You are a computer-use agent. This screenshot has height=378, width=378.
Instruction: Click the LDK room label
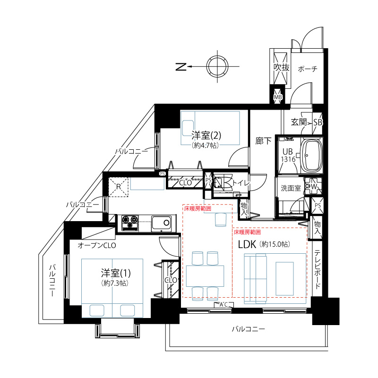247,244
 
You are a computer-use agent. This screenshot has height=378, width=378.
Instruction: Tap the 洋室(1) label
116,273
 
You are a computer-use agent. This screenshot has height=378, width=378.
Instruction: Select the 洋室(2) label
206,135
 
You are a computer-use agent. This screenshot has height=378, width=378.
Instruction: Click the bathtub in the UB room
311,155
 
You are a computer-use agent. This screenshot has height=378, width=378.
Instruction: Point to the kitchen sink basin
161,223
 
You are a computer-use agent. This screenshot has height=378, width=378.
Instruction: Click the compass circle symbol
217,66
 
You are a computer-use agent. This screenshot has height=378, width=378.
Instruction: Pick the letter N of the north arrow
181,67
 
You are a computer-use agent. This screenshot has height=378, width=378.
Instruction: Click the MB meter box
278,97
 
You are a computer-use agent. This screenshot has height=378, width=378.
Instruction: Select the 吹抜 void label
281,68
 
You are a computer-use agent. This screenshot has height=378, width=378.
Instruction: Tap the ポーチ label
308,69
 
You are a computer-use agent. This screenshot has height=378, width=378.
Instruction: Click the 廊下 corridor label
263,141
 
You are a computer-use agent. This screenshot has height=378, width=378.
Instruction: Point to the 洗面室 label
291,188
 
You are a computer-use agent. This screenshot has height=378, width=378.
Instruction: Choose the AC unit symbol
223,305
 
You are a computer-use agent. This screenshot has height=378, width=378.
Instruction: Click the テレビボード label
318,269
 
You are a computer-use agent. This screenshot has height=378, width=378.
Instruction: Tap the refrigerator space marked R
119,187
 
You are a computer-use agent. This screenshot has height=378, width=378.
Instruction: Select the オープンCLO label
97,245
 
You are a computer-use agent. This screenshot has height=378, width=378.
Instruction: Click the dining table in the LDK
205,276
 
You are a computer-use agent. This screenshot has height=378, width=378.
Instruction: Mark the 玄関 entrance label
299,122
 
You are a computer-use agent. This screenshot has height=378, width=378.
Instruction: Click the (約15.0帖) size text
275,244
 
